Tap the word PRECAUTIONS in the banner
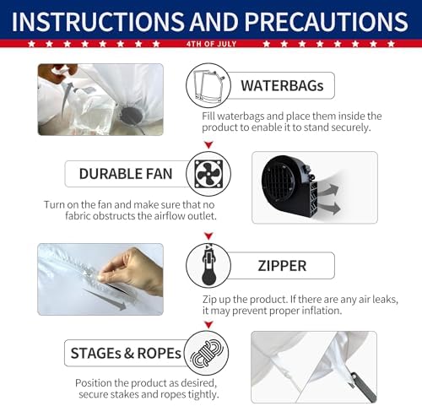[327, 22]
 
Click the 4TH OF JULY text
[211, 44]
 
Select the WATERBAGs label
[282, 85]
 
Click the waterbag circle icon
[208, 85]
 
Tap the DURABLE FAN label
[126, 174]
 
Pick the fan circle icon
[208, 174]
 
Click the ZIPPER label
[282, 266]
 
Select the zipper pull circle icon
[208, 266]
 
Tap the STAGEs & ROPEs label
[126, 353]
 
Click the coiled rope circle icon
[206, 353]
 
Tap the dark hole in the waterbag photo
[132, 116]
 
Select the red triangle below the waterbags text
[208, 144]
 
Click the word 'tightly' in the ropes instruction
[203, 394]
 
